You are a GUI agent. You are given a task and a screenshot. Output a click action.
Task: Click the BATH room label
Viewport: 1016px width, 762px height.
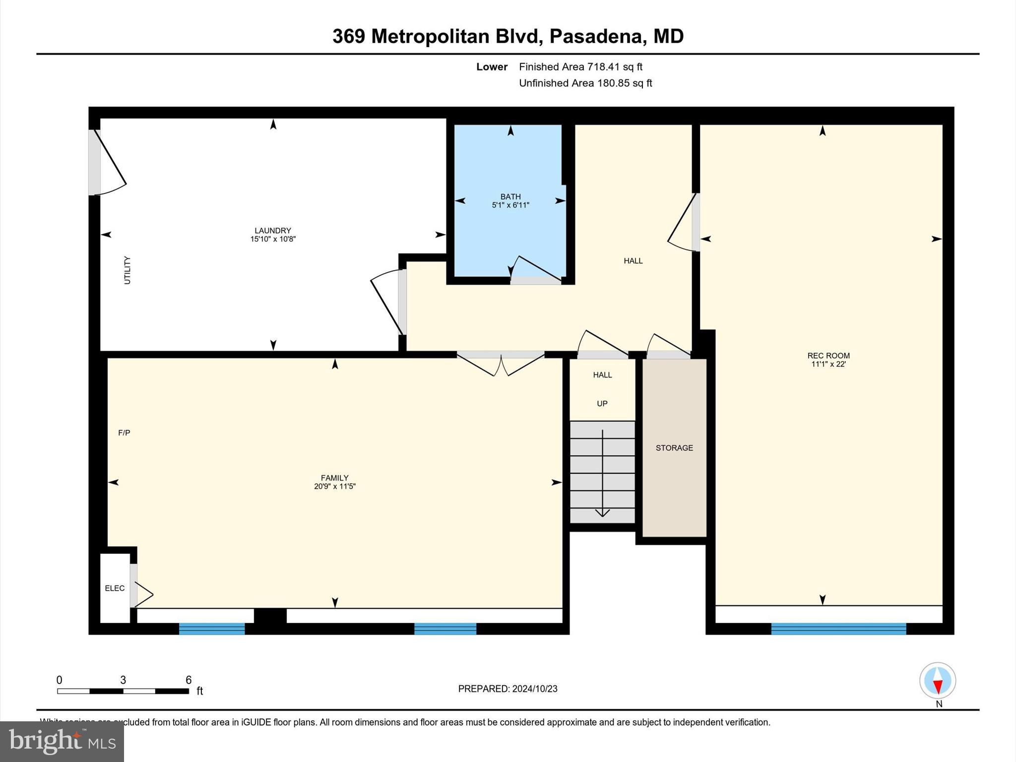tap(510, 197)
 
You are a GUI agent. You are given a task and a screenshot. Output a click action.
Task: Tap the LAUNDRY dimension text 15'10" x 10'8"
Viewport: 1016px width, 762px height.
tap(273, 239)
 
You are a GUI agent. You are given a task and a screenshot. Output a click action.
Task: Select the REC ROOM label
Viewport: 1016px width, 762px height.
tap(828, 355)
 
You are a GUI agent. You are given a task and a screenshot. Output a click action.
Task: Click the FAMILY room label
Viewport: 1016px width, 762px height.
tap(334, 478)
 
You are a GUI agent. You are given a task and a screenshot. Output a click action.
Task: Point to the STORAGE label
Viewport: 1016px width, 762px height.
tap(674, 448)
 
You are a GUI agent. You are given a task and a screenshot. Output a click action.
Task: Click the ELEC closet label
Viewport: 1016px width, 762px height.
tap(115, 588)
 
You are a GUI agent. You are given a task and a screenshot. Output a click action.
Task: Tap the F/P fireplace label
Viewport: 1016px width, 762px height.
tap(124, 433)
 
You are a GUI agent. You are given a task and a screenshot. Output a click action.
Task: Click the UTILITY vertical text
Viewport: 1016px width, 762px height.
tap(127, 270)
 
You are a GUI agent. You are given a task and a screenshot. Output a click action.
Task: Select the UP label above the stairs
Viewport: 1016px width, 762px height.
tap(602, 403)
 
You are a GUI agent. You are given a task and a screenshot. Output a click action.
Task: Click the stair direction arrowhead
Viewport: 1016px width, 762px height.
tap(602, 513)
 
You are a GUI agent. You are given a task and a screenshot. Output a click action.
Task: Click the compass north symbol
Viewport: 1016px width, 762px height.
tap(937, 681)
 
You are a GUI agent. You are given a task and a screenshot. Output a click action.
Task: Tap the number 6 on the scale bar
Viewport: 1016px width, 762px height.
tap(188, 680)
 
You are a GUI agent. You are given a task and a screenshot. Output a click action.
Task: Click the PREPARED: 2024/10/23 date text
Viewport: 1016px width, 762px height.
tap(508, 689)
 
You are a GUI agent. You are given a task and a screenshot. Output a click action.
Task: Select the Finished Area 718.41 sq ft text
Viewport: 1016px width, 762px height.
tap(580, 66)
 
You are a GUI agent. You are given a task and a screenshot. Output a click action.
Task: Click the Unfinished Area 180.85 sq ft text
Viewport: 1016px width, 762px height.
tap(585, 83)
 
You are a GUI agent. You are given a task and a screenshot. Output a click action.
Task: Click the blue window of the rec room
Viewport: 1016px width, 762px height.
tap(838, 629)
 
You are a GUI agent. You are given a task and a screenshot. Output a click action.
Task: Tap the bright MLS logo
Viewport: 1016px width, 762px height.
tap(62, 742)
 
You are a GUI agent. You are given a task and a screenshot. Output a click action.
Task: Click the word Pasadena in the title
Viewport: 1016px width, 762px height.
tap(596, 36)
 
